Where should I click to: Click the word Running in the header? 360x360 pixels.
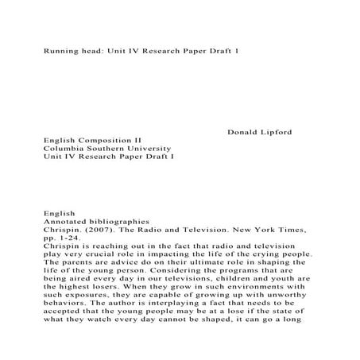click(61, 49)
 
